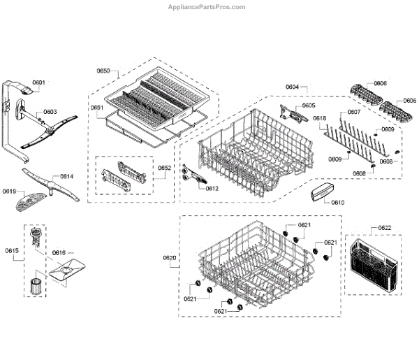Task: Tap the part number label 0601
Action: click(39, 83)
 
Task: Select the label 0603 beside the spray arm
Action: click(50, 112)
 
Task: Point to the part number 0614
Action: click(66, 177)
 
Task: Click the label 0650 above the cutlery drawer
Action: click(103, 71)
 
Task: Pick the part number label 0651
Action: click(96, 107)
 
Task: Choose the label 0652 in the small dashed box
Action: click(164, 168)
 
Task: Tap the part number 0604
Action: click(292, 87)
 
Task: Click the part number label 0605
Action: click(309, 106)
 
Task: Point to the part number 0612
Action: click(212, 189)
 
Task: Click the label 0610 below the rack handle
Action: click(338, 202)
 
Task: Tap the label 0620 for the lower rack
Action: click(170, 259)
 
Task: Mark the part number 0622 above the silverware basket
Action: click(385, 228)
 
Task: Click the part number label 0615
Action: click(11, 250)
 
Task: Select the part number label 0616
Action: click(59, 252)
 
